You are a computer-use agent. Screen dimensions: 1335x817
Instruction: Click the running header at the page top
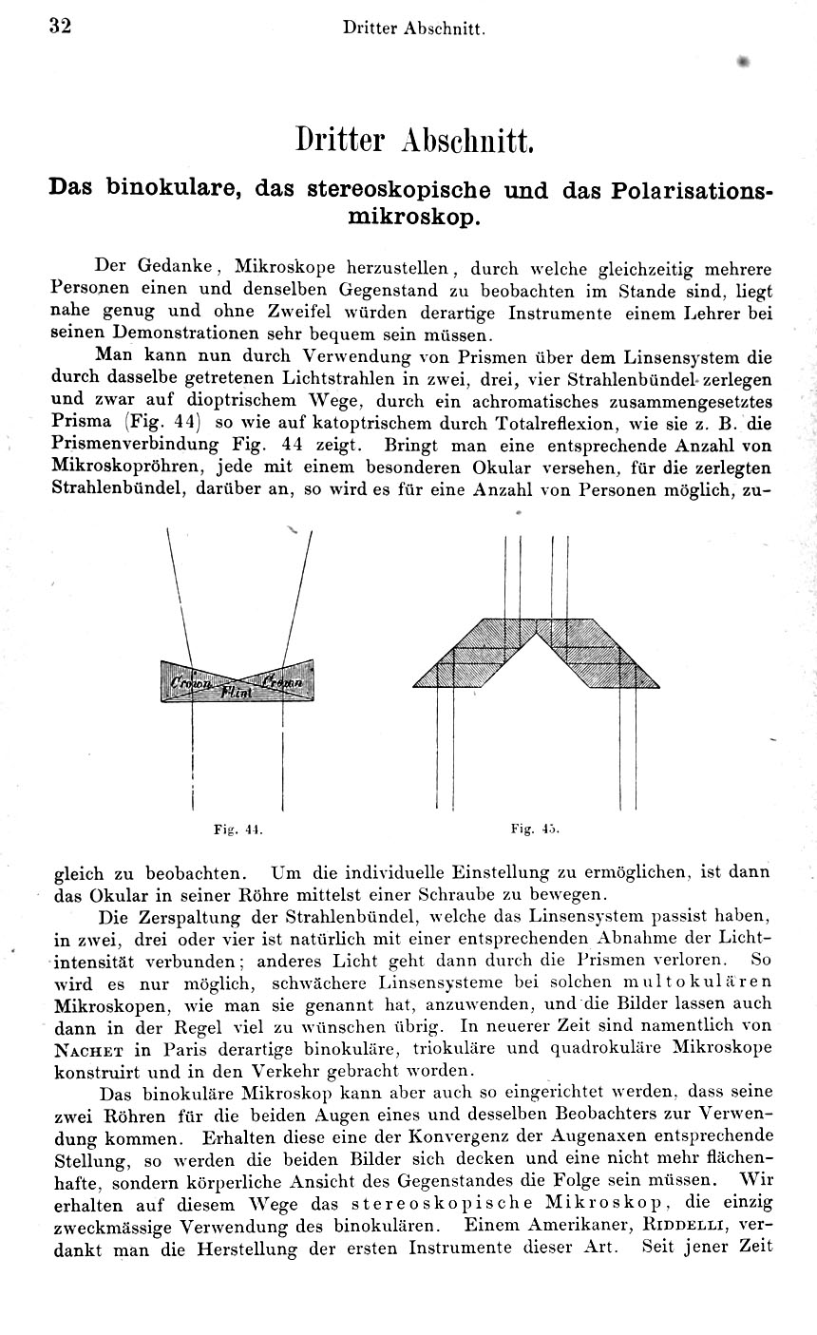(x=414, y=29)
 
